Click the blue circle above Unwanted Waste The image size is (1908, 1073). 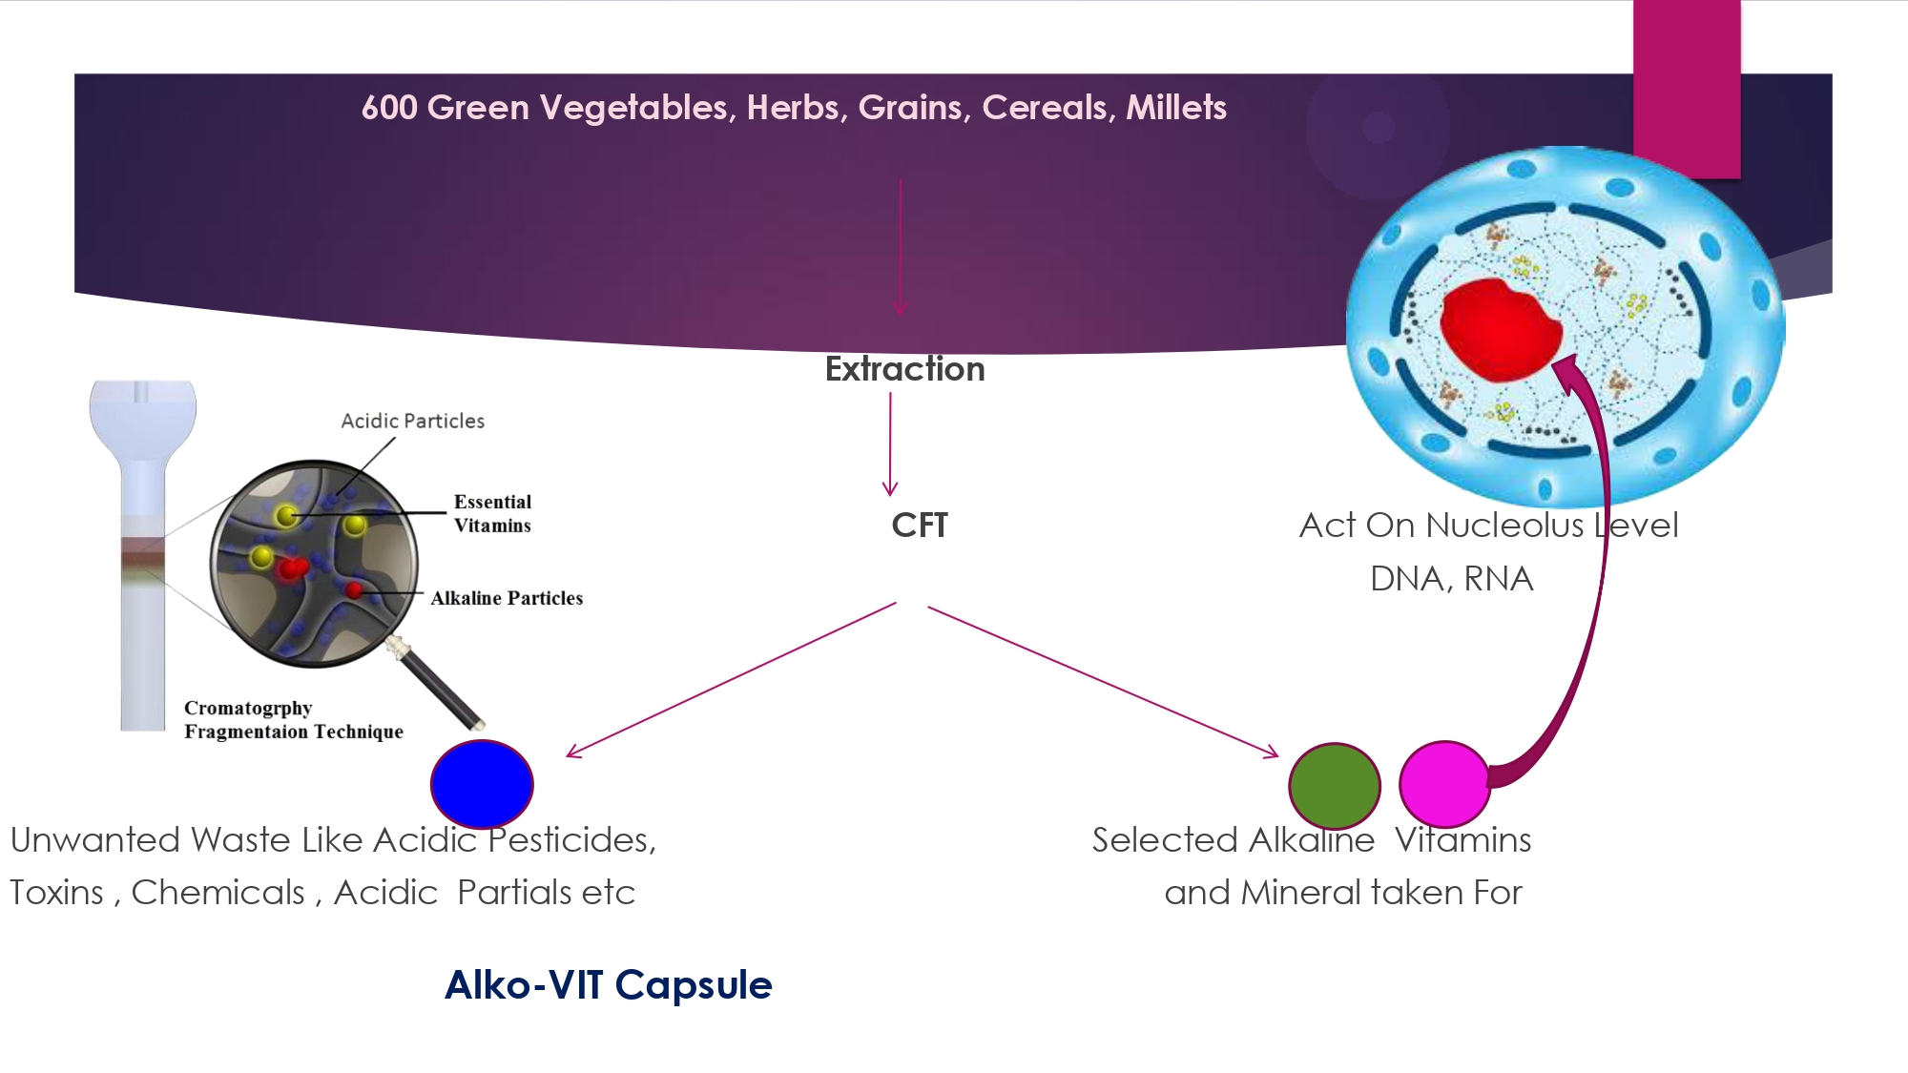pyautogui.click(x=482, y=784)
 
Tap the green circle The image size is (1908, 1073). pyautogui.click(x=1335, y=786)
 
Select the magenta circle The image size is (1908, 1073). pyautogui.click(x=1444, y=784)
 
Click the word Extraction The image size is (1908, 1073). pyautogui.click(x=904, y=369)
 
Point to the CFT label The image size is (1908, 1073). pyautogui.click(x=920, y=526)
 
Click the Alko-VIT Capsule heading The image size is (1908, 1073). pyautogui.click(x=609, y=985)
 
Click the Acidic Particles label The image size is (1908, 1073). pyautogui.click(x=413, y=421)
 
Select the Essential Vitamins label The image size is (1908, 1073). pyautogui.click(x=492, y=513)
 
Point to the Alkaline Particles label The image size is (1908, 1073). pyautogui.click(x=507, y=598)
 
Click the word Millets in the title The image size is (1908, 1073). pyautogui.click(x=1176, y=108)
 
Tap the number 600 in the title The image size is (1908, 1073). pyautogui.click(x=389, y=108)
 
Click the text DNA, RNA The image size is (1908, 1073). pyautogui.click(x=1451, y=579)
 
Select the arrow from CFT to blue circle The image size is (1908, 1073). pyautogui.click(x=732, y=680)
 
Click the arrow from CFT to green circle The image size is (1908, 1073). pyautogui.click(x=1103, y=682)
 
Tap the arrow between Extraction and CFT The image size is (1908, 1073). pyautogui.click(x=890, y=444)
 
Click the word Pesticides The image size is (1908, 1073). pyautogui.click(x=572, y=840)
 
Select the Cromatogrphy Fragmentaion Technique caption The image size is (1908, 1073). pyautogui.click(x=294, y=720)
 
